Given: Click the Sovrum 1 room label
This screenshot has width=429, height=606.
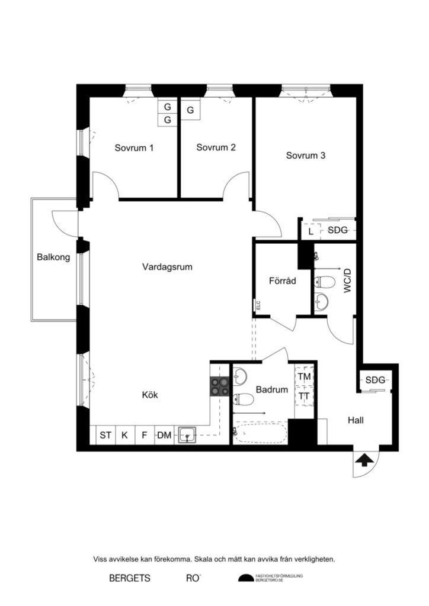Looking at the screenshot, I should click(x=134, y=148).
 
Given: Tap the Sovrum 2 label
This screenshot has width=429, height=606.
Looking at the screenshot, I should click(x=216, y=147).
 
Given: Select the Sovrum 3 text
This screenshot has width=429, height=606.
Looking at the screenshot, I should click(x=306, y=156).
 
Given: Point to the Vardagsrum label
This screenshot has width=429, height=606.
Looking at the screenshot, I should click(x=167, y=267).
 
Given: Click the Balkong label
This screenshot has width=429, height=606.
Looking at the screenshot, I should click(x=53, y=257).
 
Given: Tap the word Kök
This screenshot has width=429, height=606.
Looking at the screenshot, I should click(x=150, y=395).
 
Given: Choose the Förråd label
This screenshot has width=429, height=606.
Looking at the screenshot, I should click(x=282, y=281).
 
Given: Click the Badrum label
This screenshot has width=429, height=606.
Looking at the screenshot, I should click(x=272, y=390).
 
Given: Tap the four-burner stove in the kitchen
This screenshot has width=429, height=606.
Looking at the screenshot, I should click(x=219, y=386).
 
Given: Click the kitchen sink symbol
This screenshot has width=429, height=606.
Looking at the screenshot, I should click(x=188, y=436).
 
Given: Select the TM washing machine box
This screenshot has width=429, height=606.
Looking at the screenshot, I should click(x=305, y=376).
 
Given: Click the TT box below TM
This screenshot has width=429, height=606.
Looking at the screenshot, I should click(x=305, y=395).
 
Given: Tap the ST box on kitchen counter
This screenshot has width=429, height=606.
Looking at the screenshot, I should click(x=105, y=436).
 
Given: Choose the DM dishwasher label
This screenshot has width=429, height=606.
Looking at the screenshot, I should click(x=164, y=436).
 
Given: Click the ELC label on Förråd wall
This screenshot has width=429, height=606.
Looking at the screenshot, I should click(x=258, y=305).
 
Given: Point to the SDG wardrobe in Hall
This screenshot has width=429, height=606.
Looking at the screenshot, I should click(x=375, y=379).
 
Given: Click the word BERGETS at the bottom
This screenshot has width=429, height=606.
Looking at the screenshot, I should click(x=130, y=578).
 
